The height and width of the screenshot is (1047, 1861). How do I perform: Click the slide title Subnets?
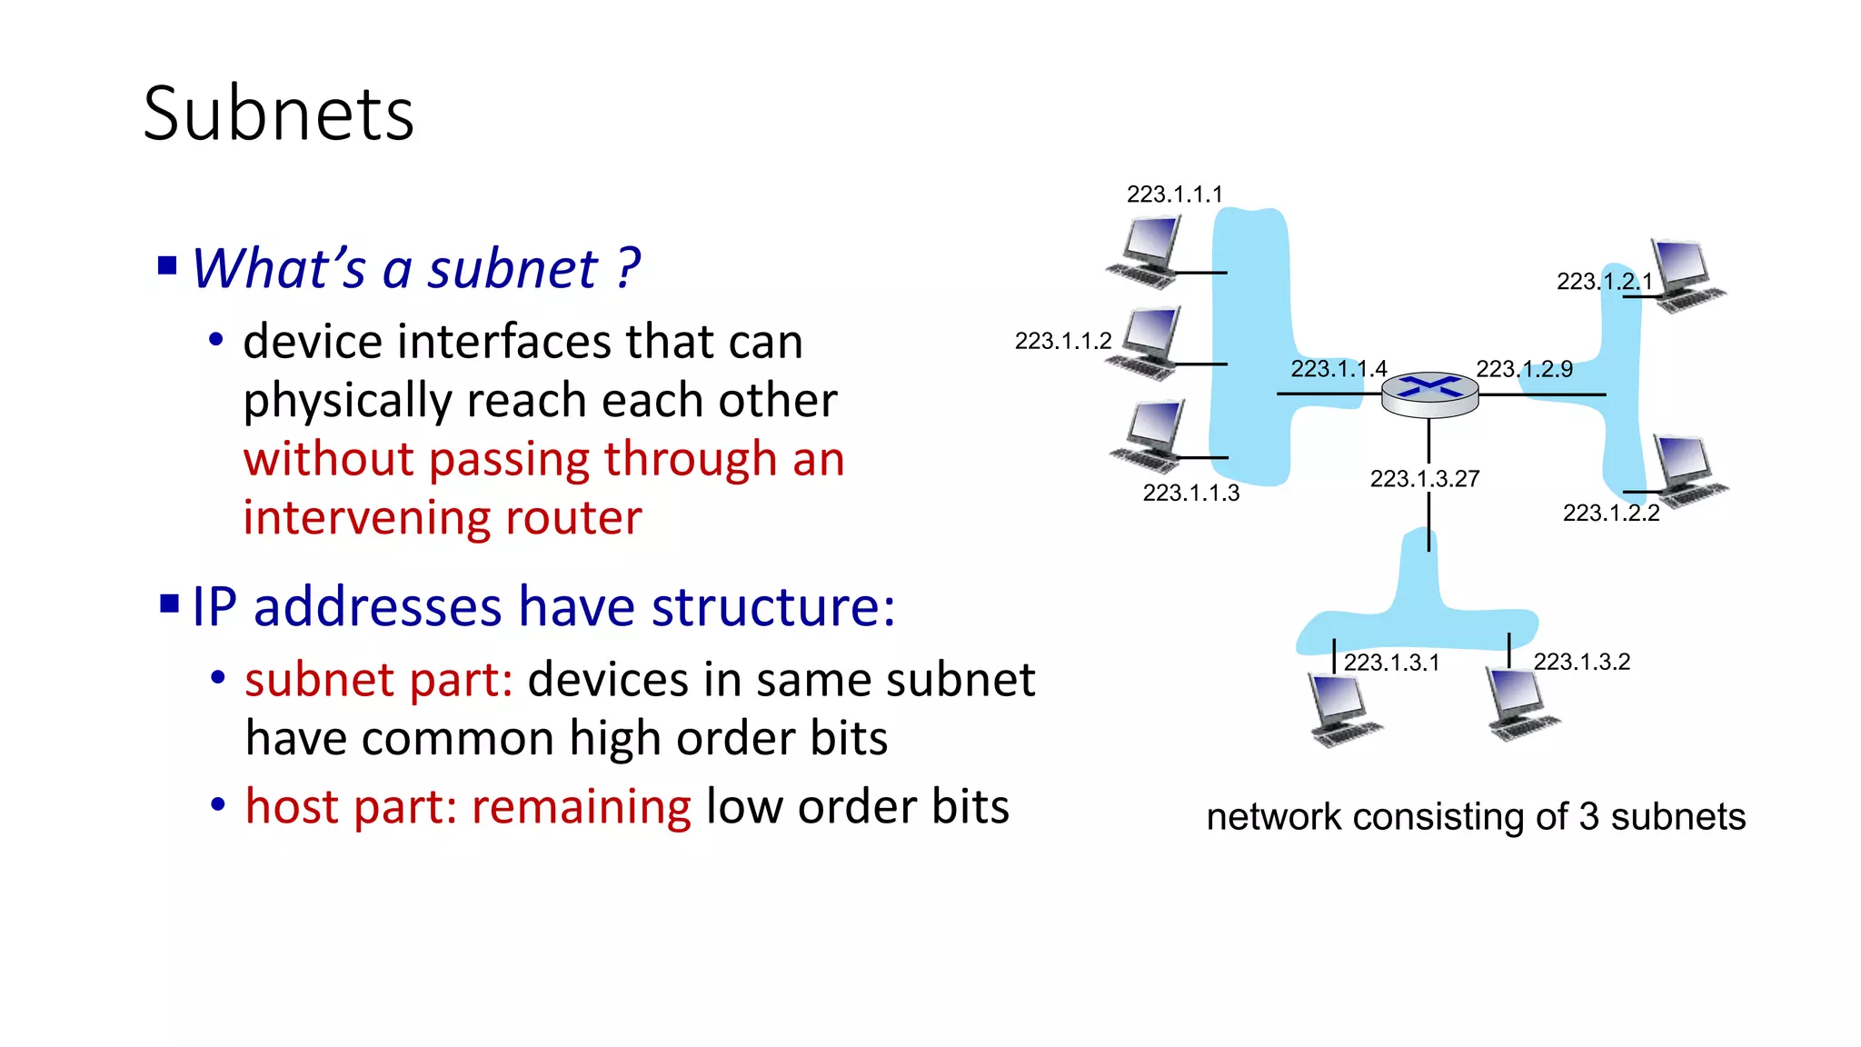[x=278, y=115]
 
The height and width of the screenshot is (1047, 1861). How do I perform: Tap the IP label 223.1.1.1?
[x=1174, y=194]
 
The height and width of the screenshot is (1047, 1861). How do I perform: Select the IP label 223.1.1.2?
[x=1062, y=341]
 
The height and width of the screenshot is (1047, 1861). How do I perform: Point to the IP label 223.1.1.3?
[x=1190, y=493]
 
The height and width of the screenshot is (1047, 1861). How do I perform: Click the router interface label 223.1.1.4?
[x=1339, y=368]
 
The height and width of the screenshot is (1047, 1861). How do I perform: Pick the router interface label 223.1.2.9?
[x=1524, y=368]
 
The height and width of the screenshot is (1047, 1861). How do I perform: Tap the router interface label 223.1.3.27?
[x=1424, y=478]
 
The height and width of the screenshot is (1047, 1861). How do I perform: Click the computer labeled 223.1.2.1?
[x=1686, y=275]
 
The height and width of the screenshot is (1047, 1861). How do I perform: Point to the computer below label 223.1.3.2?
[x=1520, y=703]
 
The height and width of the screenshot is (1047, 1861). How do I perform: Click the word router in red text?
[x=573, y=518]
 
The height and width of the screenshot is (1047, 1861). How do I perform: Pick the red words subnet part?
[x=379, y=680]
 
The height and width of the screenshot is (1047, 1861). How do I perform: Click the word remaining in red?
[x=582, y=806]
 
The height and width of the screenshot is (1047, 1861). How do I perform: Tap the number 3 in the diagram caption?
[x=1588, y=816]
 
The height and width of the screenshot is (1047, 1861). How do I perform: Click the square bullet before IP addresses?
[x=169, y=603]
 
